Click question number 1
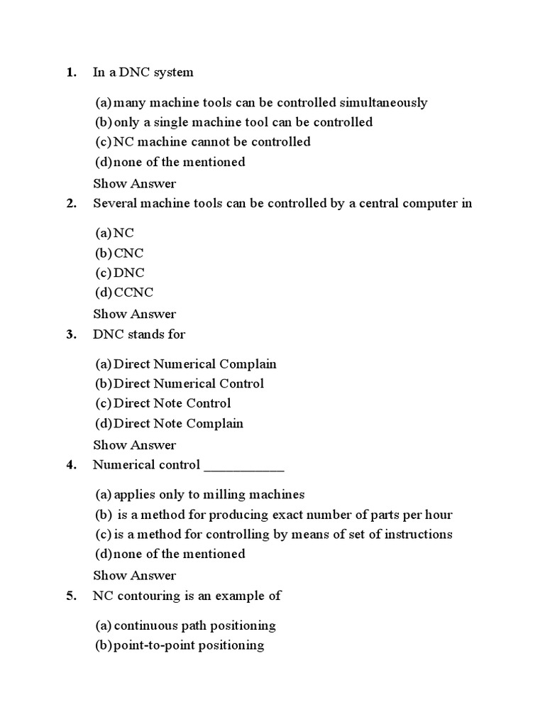click(x=71, y=72)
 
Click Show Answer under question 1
click(x=134, y=183)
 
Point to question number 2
click(x=71, y=204)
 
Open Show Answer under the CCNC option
click(x=134, y=314)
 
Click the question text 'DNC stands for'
click(x=139, y=334)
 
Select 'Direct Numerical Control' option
click(x=189, y=383)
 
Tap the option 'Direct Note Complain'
click(x=178, y=424)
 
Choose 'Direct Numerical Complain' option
click(x=195, y=364)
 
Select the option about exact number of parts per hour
click(x=284, y=515)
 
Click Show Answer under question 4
click(x=134, y=576)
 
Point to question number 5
click(x=71, y=596)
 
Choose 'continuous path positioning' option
click(x=194, y=626)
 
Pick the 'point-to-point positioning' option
click(x=189, y=645)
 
